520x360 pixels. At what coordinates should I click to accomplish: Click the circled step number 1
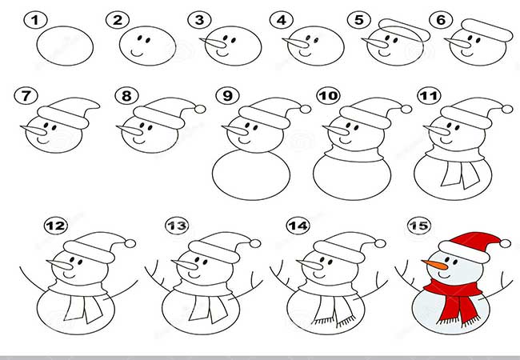tap(35, 20)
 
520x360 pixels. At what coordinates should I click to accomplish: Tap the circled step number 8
tap(126, 96)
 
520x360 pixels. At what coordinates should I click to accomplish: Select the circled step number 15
tap(419, 226)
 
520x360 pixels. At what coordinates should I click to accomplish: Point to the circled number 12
tap(56, 226)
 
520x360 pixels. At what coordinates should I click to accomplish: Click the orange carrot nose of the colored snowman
tap(434, 265)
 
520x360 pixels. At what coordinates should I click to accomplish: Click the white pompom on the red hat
tap(505, 244)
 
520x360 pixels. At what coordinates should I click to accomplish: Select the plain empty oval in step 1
tap(65, 46)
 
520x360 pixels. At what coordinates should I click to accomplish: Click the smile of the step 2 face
tap(138, 52)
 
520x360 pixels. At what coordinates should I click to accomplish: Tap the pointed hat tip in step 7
tap(95, 106)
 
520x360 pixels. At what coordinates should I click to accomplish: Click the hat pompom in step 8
tap(200, 109)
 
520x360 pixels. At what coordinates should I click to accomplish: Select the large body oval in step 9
tap(251, 175)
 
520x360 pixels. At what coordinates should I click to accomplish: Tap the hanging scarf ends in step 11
tap(460, 174)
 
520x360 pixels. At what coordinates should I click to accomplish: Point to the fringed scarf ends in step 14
tap(334, 310)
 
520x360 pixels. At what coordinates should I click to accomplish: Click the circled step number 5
tap(359, 20)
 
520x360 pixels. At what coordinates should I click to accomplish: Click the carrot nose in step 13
tap(185, 264)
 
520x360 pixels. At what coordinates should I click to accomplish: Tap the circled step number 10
tap(329, 96)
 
